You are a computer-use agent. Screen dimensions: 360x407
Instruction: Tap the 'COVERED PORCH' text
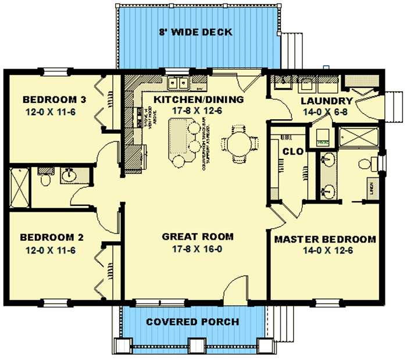click(x=192, y=322)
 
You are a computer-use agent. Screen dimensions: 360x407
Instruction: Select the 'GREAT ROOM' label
click(x=198, y=237)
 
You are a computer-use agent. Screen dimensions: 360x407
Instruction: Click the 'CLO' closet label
click(x=292, y=151)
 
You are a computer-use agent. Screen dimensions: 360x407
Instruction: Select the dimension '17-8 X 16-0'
click(x=198, y=249)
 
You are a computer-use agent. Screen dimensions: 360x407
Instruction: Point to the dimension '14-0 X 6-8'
click(x=326, y=113)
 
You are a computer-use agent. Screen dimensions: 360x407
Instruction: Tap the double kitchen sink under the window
click(x=178, y=84)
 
